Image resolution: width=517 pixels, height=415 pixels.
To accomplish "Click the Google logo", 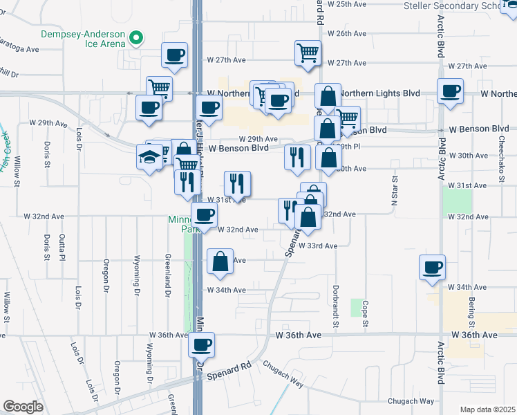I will pyautogui.click(x=23, y=406).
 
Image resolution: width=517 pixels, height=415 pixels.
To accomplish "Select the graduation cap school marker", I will pyautogui.click(x=149, y=158).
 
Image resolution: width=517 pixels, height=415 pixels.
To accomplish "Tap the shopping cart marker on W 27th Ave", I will pyautogui.click(x=308, y=53).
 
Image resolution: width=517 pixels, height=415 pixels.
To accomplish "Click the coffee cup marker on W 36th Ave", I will pyautogui.click(x=202, y=344).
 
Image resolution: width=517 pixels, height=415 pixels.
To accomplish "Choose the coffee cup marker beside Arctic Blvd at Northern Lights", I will pyautogui.click(x=450, y=91).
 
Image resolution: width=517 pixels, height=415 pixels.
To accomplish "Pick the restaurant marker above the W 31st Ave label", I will pyautogui.click(x=237, y=183).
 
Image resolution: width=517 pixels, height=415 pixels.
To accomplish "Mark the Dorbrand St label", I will pyautogui.click(x=335, y=307).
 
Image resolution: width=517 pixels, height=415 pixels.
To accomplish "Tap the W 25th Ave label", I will pyautogui.click(x=346, y=4).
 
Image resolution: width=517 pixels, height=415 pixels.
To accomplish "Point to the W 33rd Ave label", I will pyautogui.click(x=318, y=246).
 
